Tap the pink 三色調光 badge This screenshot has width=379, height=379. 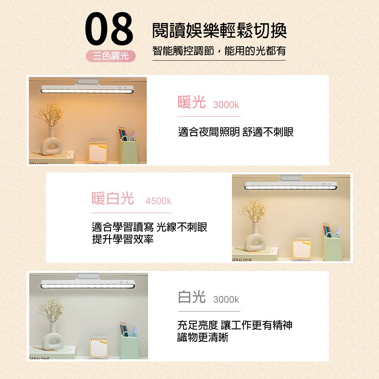(111, 56)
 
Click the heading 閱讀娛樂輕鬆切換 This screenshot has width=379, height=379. (219, 30)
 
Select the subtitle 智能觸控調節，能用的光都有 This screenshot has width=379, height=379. (219, 51)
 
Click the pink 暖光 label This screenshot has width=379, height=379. (192, 102)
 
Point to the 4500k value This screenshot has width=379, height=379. (158, 201)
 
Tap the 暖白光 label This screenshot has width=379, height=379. (113, 199)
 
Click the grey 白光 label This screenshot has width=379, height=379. (192, 297)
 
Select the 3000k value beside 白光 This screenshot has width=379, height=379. (226, 300)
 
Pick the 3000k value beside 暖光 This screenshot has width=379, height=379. (226, 105)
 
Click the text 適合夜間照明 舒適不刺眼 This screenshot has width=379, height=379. (236, 132)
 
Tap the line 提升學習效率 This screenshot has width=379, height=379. (123, 239)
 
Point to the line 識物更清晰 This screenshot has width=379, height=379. (203, 337)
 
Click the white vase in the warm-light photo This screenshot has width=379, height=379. (51, 143)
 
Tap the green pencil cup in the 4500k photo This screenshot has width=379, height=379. (333, 247)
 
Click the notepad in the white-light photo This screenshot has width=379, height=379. (99, 347)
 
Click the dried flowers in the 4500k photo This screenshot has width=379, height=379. (253, 210)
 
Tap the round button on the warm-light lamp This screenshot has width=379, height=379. (120, 88)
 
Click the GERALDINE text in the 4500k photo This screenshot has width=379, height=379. (242, 260)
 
